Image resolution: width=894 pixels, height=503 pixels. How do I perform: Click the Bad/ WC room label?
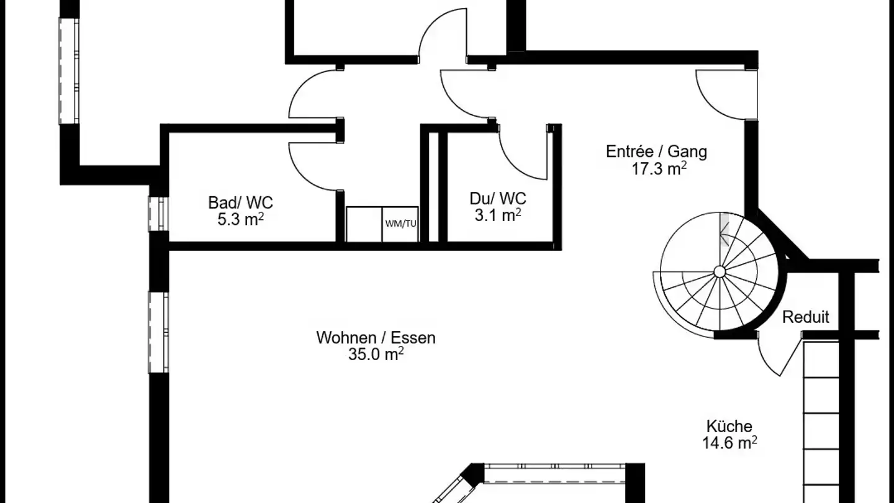240,203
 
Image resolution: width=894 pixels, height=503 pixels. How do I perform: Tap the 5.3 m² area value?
240,219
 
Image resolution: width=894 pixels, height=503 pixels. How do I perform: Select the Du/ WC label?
498,199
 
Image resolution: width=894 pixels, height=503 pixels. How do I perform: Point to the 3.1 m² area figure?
498,215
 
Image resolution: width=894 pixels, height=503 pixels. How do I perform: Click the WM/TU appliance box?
400,224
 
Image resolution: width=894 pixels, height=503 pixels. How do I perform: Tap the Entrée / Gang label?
657,152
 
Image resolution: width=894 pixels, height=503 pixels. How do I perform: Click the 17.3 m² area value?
659,168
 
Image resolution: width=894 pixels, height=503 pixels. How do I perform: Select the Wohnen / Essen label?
376,338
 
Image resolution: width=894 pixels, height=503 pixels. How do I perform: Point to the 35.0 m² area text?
376,354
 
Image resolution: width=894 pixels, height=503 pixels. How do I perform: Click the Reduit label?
805,317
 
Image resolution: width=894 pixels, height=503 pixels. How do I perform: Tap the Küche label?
729,427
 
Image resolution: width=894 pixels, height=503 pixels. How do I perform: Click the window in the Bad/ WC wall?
158,214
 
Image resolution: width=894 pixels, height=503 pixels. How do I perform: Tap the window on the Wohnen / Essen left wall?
158,333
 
